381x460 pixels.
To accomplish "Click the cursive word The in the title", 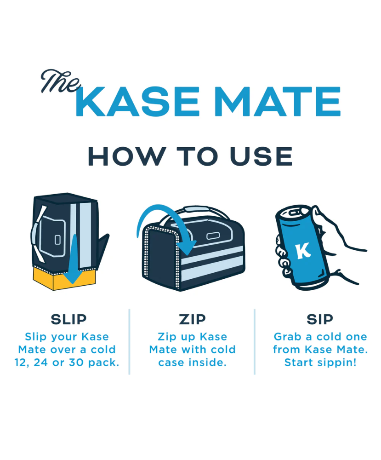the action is coord(60,81).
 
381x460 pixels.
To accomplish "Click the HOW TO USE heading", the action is coord(190,156).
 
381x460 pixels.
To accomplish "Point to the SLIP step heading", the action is coord(68,319).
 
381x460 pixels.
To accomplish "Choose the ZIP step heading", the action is coord(192,319).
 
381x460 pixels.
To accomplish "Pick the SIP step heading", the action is coord(320,319).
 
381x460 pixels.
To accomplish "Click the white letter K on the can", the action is coord(302,251).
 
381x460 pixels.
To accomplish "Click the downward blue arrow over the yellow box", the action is coord(73,259).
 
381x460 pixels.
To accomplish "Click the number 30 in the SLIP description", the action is coord(76,362).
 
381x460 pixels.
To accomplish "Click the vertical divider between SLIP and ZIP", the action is coord(129,341).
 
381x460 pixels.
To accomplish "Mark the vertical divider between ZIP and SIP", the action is coord(255,341).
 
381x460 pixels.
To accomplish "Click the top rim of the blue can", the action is coord(292,213).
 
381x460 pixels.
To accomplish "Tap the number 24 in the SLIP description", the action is coord(41,362).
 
